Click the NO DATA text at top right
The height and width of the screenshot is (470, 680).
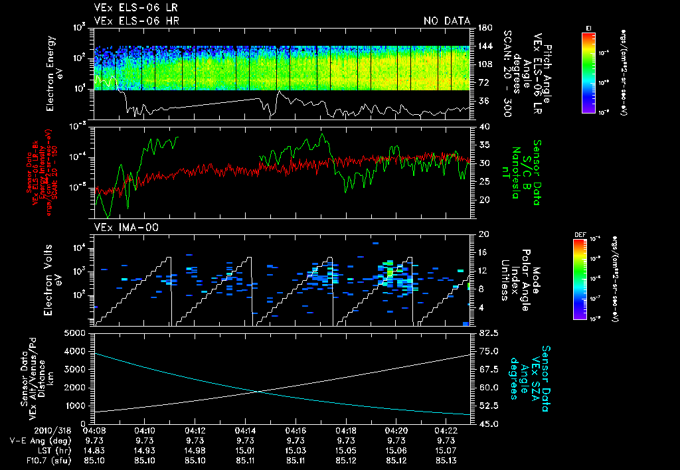click(447, 21)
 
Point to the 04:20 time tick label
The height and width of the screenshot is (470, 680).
click(396, 430)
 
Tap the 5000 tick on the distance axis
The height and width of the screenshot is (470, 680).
click(78, 333)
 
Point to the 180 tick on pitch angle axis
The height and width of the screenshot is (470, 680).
click(485, 28)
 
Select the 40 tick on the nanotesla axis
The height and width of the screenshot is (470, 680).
click(483, 126)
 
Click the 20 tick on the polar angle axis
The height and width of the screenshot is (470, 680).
click(483, 234)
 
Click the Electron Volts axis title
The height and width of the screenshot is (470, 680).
click(54, 279)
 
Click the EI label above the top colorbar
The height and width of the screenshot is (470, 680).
click(588, 27)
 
